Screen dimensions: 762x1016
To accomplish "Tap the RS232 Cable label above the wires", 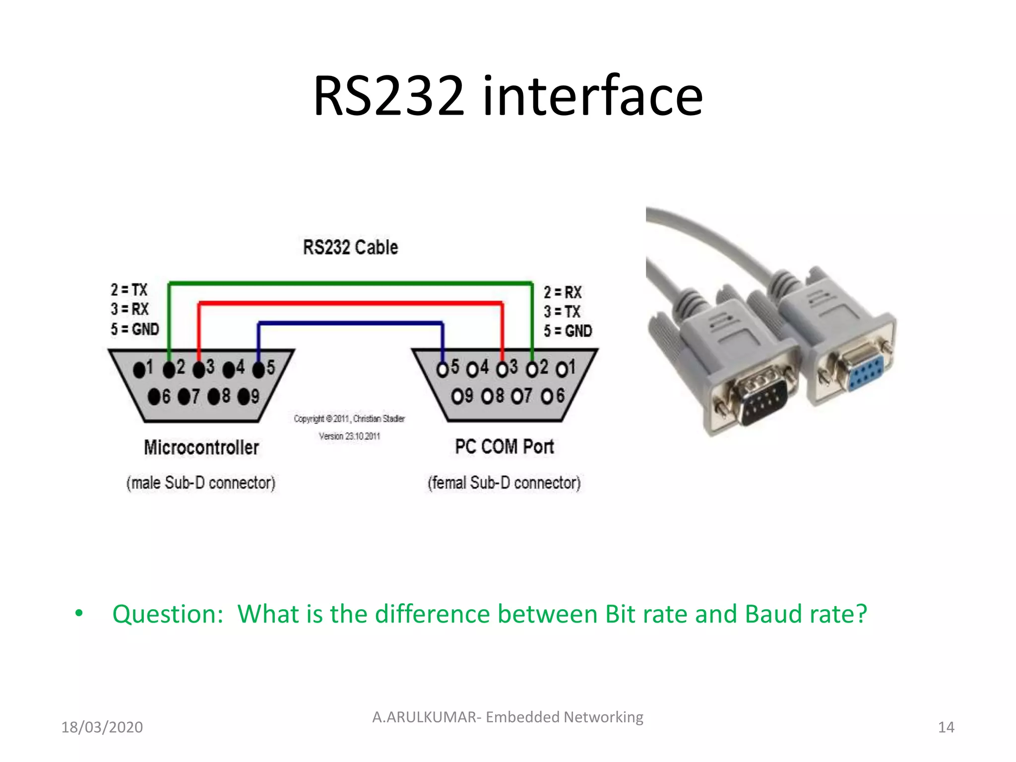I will [x=350, y=247].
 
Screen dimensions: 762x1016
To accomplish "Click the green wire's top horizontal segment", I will [x=350, y=284].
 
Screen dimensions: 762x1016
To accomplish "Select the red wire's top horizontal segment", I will [x=350, y=303].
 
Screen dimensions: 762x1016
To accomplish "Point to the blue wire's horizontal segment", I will [x=350, y=323].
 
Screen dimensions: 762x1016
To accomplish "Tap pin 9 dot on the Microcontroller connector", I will [x=244, y=397].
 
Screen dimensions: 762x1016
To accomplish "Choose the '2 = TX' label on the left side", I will [x=129, y=290].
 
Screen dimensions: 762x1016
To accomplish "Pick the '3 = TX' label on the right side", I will [x=562, y=312].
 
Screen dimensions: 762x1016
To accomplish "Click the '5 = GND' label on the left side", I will [x=135, y=329].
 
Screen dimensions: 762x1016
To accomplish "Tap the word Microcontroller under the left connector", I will [x=201, y=447].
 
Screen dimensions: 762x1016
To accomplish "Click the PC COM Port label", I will [x=504, y=446].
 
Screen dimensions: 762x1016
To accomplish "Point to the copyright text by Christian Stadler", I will [x=349, y=419].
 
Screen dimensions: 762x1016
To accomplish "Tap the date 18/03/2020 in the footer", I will [x=102, y=727].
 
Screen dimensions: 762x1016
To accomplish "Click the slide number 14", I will [x=946, y=727].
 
